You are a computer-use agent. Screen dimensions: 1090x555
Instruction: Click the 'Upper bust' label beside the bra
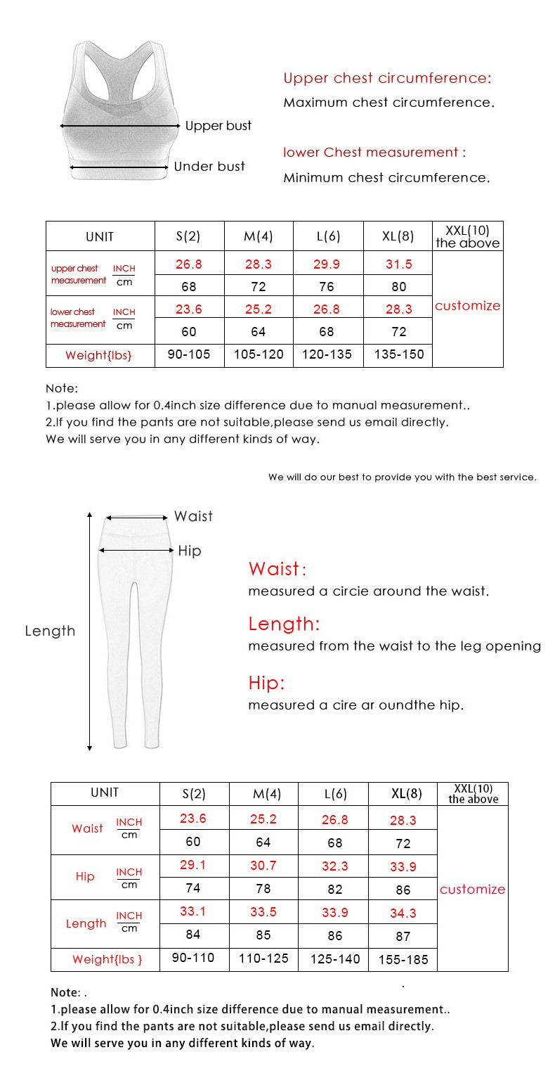coord(218,126)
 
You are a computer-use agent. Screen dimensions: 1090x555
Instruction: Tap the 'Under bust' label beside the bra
coord(209,167)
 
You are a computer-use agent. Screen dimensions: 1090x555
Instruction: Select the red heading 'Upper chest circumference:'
coord(387,78)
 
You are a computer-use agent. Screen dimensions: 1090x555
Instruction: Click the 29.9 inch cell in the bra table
coord(328,264)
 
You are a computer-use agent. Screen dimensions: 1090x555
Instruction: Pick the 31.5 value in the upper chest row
coord(398,264)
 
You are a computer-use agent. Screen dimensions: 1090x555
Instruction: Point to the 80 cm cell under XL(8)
coord(398,286)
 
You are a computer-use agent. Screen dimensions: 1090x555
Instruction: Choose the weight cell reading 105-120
coord(259,354)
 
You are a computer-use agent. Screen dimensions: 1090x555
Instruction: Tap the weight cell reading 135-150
coord(398,354)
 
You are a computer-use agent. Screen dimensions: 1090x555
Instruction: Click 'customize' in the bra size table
coord(467,306)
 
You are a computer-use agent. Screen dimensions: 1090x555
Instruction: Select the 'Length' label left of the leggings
coord(50,631)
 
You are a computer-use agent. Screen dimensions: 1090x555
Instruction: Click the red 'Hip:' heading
coord(266,683)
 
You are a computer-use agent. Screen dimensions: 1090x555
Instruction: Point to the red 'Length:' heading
coord(284,624)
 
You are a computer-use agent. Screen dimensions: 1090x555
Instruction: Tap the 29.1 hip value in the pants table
coord(193,865)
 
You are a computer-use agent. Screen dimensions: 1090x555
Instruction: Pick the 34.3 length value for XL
coord(403,913)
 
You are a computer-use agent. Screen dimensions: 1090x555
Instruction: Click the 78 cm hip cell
coord(263,889)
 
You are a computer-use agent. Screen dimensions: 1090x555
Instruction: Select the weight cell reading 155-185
coord(403,959)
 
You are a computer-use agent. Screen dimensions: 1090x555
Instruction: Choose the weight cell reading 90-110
coord(193,958)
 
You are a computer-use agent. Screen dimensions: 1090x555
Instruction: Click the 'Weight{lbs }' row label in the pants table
coord(107,959)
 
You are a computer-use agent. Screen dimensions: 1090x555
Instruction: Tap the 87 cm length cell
coord(403,936)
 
